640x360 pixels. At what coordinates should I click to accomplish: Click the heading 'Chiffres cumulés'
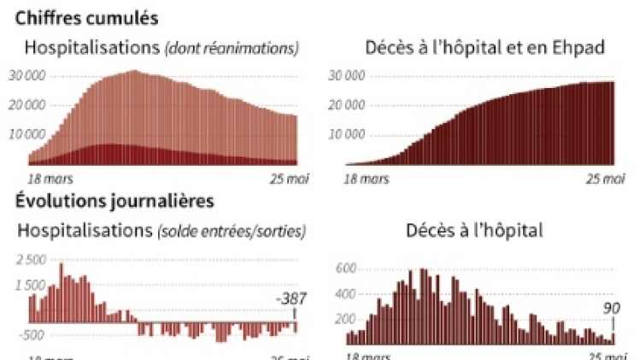coord(85,17)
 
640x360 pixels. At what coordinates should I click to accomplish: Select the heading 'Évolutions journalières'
coord(114,202)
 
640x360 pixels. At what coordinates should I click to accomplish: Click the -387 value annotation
coord(291,299)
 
